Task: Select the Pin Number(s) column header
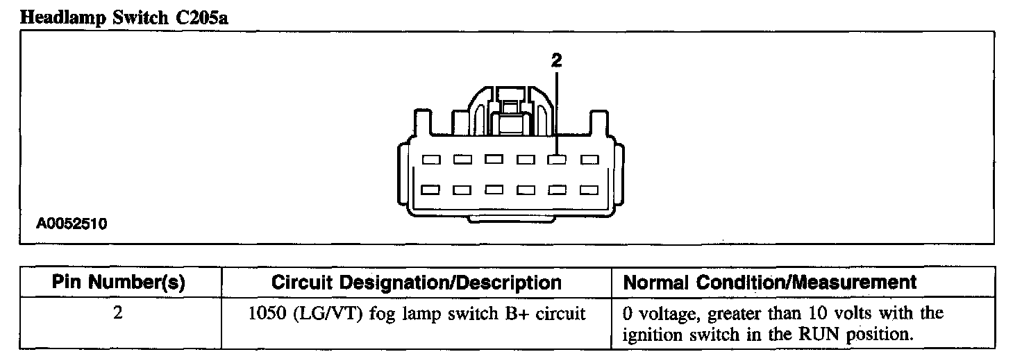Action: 117,283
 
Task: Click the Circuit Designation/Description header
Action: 416,283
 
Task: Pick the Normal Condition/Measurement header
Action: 770,283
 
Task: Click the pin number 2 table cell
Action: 117,313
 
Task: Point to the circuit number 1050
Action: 264,314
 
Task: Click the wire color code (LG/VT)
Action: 317,314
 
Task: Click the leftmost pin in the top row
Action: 431,160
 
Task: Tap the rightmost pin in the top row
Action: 589,160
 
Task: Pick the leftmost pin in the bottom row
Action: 431,189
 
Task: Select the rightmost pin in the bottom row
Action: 589,189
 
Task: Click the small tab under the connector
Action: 512,219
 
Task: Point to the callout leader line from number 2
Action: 557,111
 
